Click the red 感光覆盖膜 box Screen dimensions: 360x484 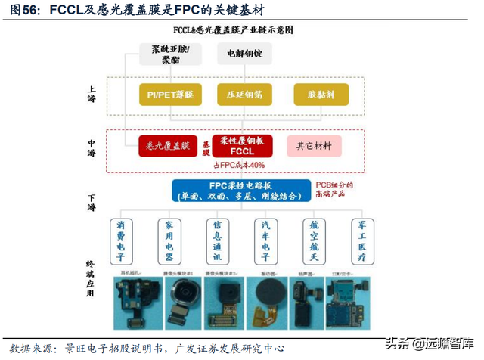[168, 144]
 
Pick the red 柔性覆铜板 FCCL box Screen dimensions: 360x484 [243, 144]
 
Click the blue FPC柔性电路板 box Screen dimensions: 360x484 [241, 191]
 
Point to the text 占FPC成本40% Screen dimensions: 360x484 [239, 166]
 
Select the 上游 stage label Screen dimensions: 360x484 [91, 94]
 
